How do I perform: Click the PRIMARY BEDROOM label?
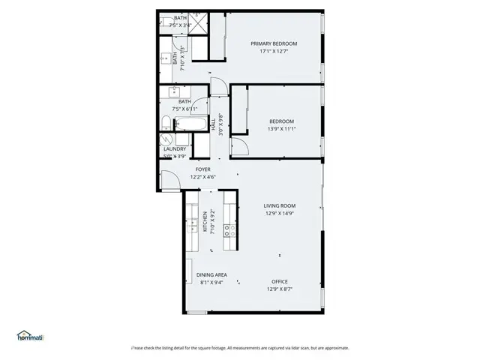pos(274,43)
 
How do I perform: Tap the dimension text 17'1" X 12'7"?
pos(274,52)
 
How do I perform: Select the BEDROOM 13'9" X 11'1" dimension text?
pos(281,130)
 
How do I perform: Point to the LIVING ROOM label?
pos(279,205)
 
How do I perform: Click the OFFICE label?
pos(279,282)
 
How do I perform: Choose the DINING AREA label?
pos(211,275)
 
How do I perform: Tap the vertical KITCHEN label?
pos(205,223)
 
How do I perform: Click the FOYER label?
pos(203,169)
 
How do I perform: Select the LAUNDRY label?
pos(174,149)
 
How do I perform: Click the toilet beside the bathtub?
pos(168,123)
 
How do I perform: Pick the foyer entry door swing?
pos(168,181)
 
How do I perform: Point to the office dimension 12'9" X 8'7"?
pos(279,289)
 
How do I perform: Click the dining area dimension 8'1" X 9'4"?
pos(211,283)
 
